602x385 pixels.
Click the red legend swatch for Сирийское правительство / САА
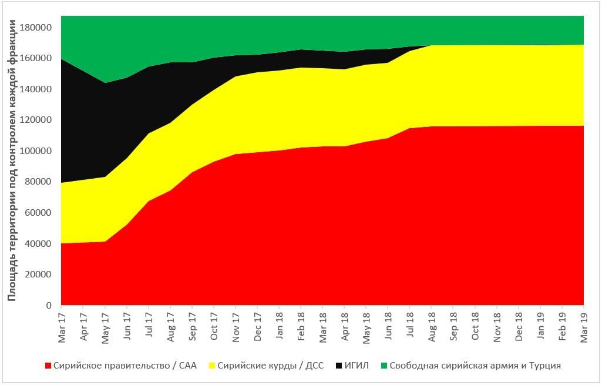(x=48, y=366)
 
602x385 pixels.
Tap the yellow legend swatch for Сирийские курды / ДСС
(x=212, y=366)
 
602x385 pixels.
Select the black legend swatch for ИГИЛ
(x=339, y=366)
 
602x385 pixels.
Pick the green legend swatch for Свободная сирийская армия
(x=384, y=366)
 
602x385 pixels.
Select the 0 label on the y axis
(x=50, y=306)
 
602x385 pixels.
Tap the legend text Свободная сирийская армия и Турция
(x=475, y=366)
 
